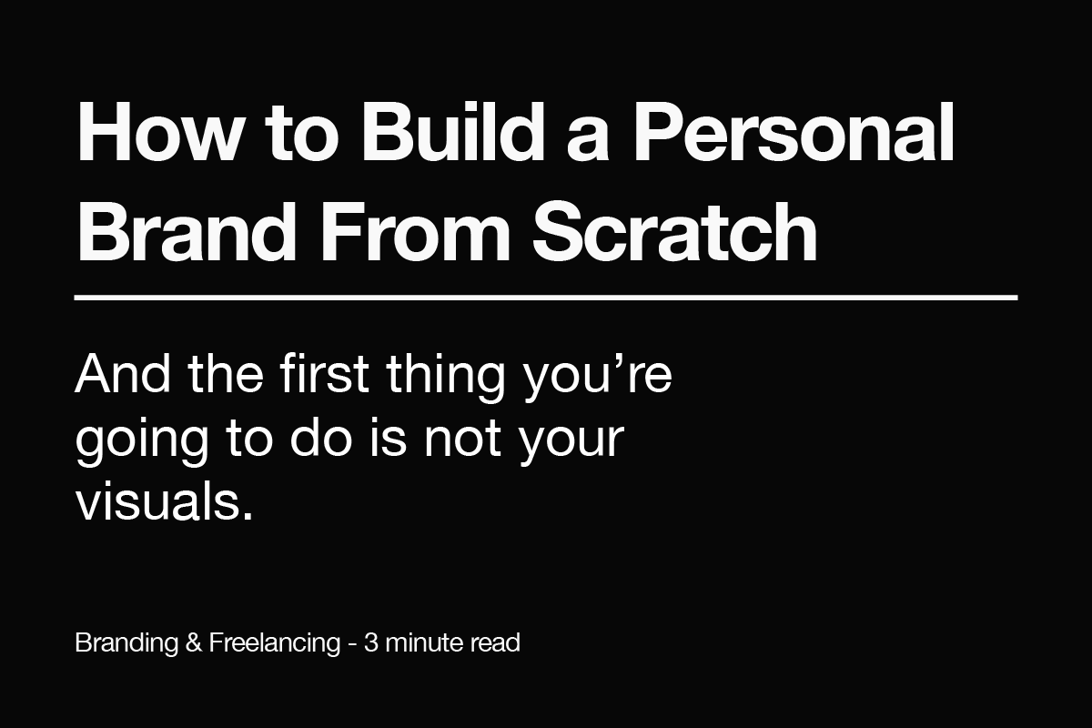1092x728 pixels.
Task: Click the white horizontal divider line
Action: coord(546,297)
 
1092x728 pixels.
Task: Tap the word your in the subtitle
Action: coord(573,441)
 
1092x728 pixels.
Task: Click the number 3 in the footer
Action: coord(370,642)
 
